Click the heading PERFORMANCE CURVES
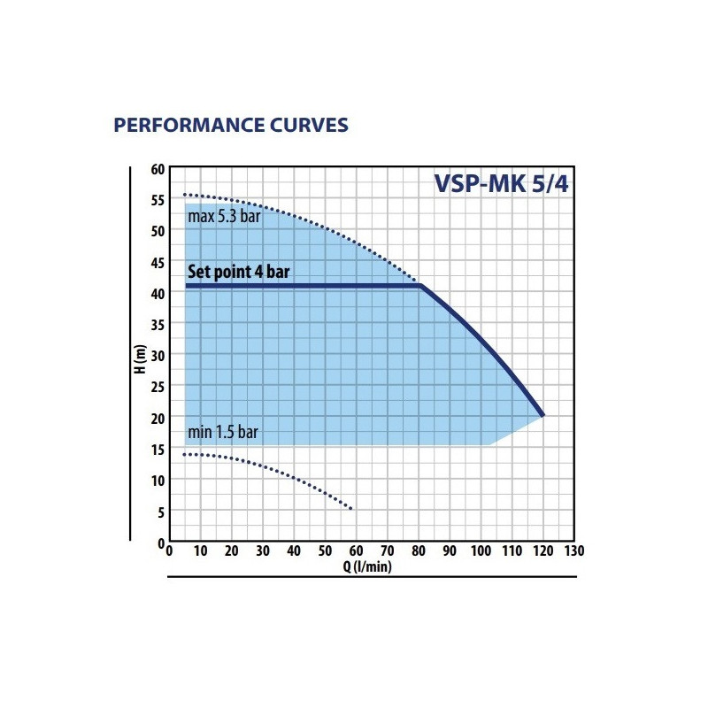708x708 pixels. click(x=231, y=125)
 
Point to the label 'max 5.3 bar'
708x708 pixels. click(x=224, y=216)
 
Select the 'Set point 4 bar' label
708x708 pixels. click(x=238, y=272)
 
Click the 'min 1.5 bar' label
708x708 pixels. click(x=223, y=433)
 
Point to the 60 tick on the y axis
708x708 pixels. click(x=158, y=168)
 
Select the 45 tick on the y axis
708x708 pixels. click(x=158, y=262)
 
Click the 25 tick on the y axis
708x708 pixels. click(x=158, y=386)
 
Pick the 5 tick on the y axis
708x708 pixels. click(x=161, y=511)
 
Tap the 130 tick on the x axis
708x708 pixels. click(x=573, y=551)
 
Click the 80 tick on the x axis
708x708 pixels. click(x=419, y=551)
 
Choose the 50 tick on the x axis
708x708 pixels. click(x=325, y=551)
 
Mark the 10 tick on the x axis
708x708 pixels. click(x=201, y=551)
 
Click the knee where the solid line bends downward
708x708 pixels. click(x=419, y=286)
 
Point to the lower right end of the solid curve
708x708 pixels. click(x=543, y=414)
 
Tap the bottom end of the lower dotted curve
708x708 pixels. click(x=352, y=509)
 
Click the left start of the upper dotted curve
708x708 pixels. click(x=185, y=195)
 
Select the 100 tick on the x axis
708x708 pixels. click(x=481, y=551)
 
